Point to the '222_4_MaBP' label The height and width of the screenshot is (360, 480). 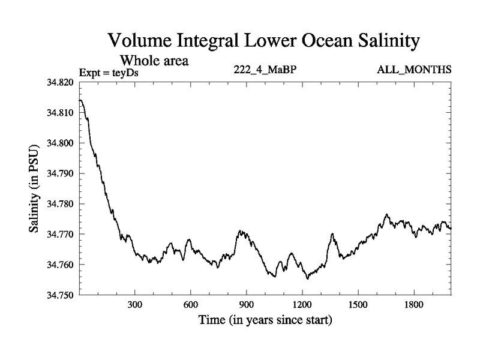265,70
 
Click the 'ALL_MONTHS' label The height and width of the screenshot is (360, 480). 414,70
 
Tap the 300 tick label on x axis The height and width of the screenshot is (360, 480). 134,305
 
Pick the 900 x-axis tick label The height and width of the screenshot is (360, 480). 246,305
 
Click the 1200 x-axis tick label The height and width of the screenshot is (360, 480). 302,305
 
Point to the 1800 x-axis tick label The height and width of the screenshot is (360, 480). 413,305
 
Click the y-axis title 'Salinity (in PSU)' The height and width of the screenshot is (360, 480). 34,188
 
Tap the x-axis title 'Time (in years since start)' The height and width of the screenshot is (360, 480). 265,321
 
